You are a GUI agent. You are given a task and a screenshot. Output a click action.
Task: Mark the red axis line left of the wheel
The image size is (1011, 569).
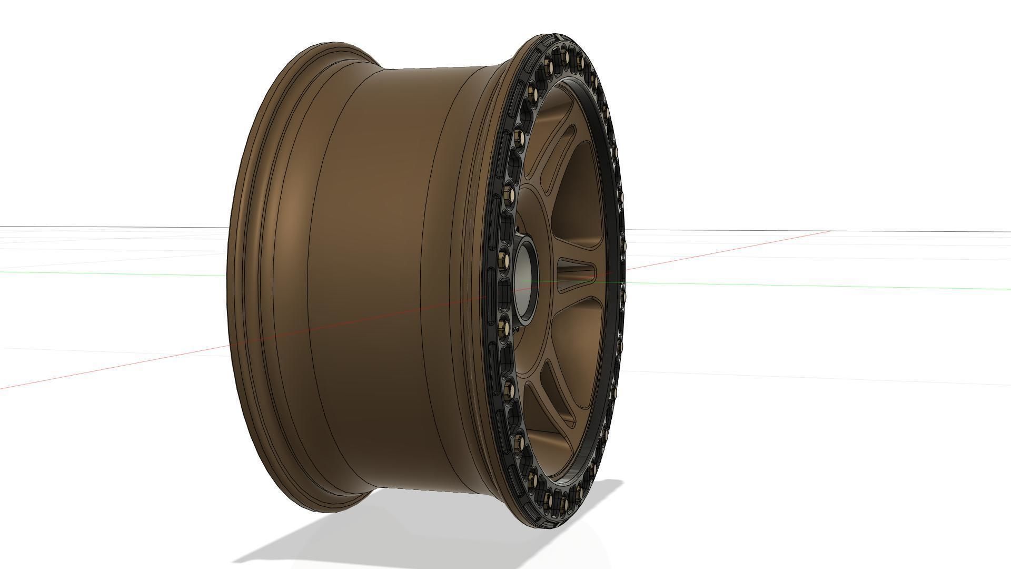point(105,366)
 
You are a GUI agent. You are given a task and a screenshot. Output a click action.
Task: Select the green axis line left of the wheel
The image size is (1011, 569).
point(105,271)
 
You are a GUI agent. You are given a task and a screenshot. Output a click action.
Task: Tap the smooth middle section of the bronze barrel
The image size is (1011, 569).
point(379,274)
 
